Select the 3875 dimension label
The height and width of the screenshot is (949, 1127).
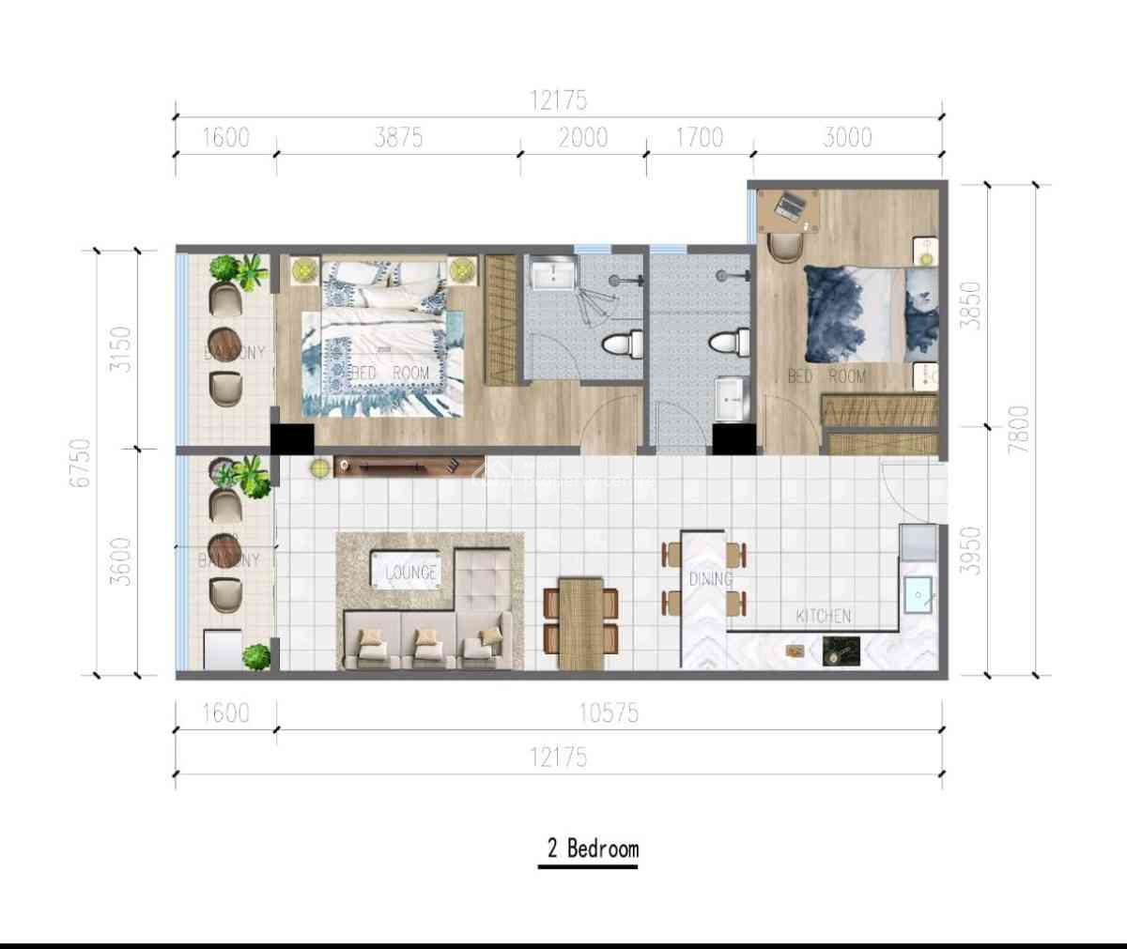pyautogui.click(x=398, y=138)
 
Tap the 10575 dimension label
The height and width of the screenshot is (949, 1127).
pyautogui.click(x=608, y=713)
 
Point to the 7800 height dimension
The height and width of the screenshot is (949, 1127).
pyautogui.click(x=1018, y=429)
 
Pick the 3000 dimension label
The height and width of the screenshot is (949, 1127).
pyautogui.click(x=847, y=138)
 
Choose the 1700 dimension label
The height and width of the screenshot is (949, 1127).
pyautogui.click(x=700, y=138)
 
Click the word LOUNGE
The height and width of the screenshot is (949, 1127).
pyautogui.click(x=410, y=572)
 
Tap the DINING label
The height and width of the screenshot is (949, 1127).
pyautogui.click(x=710, y=579)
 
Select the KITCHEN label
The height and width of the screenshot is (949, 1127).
pyautogui.click(x=823, y=616)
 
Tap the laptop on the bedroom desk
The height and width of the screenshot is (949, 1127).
pyautogui.click(x=788, y=206)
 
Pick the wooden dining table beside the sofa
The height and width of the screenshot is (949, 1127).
pyautogui.click(x=580, y=621)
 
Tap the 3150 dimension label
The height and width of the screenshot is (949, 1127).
pyautogui.click(x=121, y=348)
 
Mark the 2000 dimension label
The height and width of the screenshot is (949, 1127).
pyautogui.click(x=582, y=138)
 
